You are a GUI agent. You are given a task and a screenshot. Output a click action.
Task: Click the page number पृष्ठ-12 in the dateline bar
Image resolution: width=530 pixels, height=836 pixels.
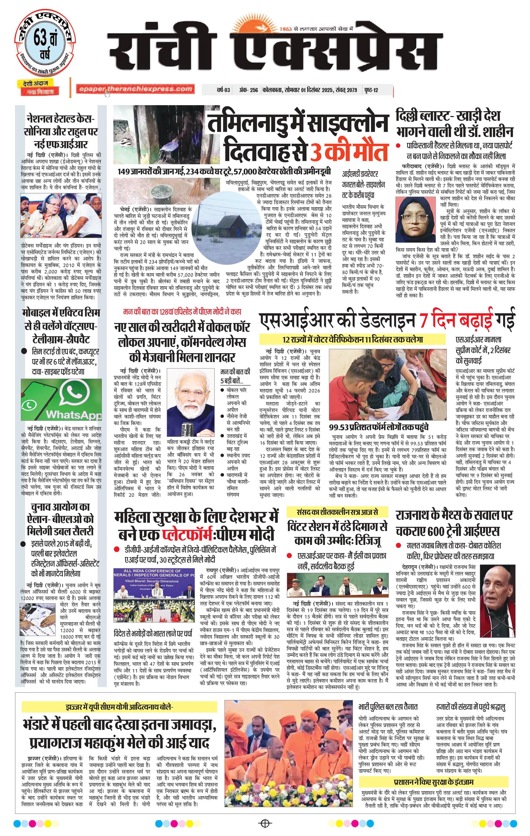pyautogui.click(x=371, y=90)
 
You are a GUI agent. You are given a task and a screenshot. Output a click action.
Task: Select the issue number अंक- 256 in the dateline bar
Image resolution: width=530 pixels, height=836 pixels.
pyautogui.click(x=248, y=90)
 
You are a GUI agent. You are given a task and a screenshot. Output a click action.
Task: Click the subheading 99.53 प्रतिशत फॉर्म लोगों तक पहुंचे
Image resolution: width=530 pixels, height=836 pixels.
pyautogui.click(x=379, y=427)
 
